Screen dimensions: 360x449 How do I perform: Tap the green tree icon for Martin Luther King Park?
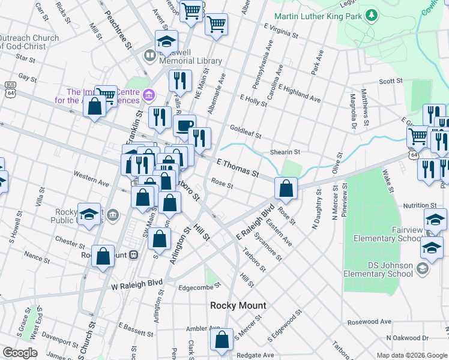pyautogui.click(x=372, y=14)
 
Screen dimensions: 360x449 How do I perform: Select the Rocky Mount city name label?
pyautogui.click(x=238, y=305)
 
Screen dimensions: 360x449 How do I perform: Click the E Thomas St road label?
pyautogui.click(x=237, y=168)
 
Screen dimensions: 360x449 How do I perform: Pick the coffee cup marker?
pyautogui.click(x=184, y=125)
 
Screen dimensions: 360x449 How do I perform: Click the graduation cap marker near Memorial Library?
pyautogui.click(x=166, y=41)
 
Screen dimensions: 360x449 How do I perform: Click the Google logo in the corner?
pyautogui.click(x=20, y=353)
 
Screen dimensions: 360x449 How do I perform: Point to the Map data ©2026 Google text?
pyautogui.click(x=411, y=355)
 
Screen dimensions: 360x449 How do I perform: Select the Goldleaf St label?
pyautogui.click(x=246, y=132)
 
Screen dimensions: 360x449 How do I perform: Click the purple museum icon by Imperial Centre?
pyautogui.click(x=149, y=94)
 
